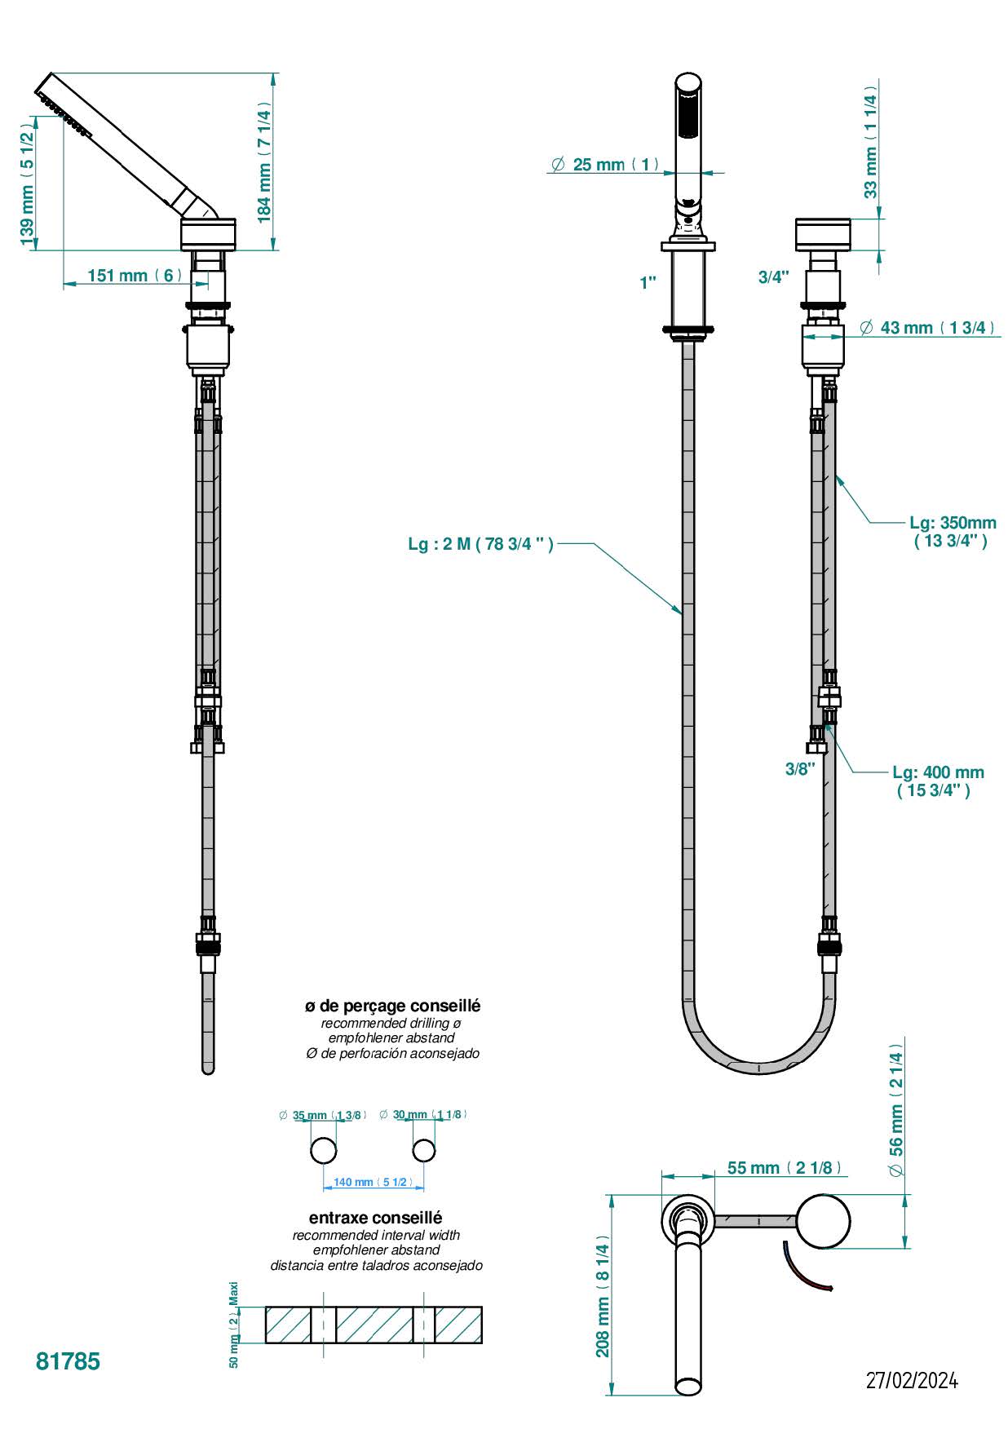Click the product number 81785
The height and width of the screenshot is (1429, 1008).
[68, 1361]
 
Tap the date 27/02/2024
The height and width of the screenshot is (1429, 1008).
[912, 1380]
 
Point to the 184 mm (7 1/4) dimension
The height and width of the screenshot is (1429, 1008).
[263, 161]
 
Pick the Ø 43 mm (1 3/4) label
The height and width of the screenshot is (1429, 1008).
[928, 328]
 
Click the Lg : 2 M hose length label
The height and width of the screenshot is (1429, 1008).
[480, 544]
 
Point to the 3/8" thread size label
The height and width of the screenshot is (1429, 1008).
[800, 768]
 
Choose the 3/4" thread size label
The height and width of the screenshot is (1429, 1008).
[773, 277]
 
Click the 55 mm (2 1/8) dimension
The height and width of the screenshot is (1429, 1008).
[784, 1168]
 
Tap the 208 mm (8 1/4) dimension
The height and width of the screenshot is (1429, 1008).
[603, 1300]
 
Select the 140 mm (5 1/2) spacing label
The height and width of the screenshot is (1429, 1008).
[373, 1182]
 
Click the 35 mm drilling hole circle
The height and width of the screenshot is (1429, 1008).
[324, 1150]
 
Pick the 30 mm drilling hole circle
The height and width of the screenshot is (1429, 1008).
[423, 1150]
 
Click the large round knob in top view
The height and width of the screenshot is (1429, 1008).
[823, 1221]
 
